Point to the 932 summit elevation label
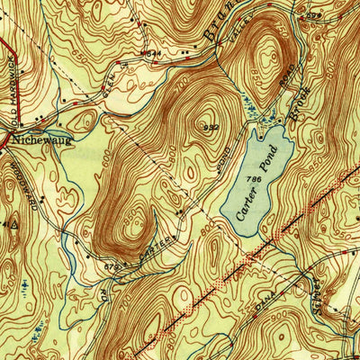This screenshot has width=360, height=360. (211, 127)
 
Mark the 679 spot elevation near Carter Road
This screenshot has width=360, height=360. (112, 266)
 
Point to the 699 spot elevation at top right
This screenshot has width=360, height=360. (312, 15)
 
